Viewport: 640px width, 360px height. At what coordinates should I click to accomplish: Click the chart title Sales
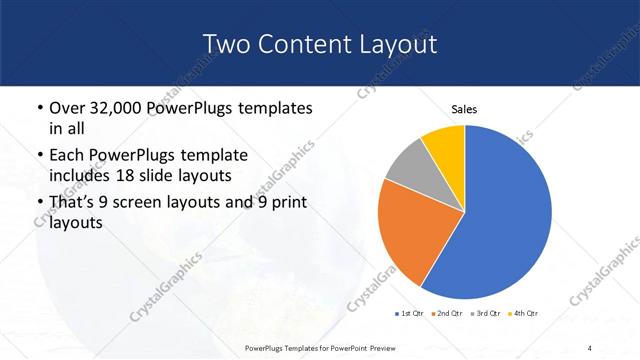[x=464, y=109]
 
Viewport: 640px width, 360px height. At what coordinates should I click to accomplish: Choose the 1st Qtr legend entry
[x=410, y=314]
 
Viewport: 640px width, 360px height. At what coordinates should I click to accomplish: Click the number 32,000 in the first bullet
[x=113, y=108]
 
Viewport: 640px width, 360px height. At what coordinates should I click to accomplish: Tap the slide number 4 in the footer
[x=591, y=348]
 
